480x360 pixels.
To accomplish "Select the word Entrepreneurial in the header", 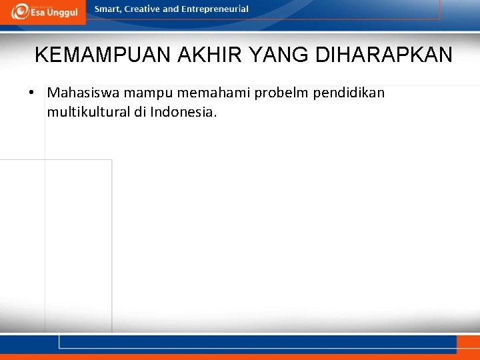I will (215, 9).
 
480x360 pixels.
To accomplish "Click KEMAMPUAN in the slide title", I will (104, 55).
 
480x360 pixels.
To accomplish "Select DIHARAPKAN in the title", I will (384, 55).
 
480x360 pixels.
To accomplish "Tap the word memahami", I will (210, 93).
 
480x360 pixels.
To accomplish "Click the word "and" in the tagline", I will (171, 9).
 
